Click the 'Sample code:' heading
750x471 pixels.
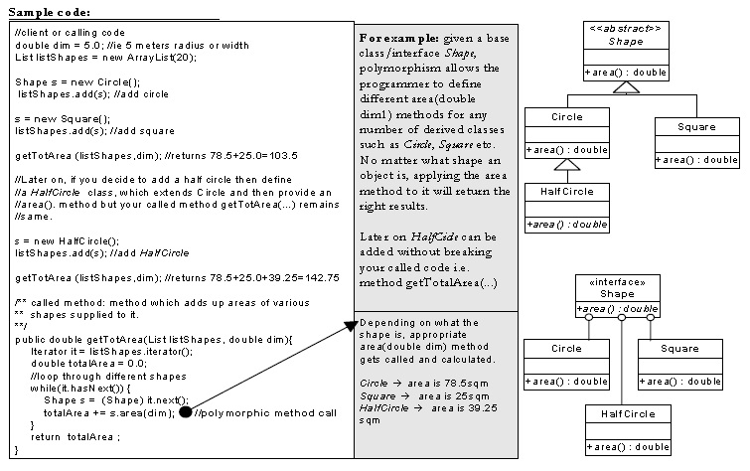pos(50,13)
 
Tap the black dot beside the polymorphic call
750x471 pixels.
pos(185,411)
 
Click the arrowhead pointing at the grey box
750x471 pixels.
pos(352,327)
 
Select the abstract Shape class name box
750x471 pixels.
pos(626,35)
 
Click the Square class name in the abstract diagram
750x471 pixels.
pos(696,127)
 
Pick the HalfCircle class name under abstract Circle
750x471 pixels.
pos(567,192)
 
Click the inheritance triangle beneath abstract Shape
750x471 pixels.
pos(626,87)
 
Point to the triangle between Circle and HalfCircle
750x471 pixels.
pos(567,165)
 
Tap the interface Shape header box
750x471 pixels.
pos(618,288)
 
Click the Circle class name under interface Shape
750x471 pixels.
pos(566,349)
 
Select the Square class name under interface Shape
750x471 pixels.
pos(679,349)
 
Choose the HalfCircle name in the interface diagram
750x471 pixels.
pos(628,414)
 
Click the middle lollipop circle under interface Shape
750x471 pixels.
pos(621,317)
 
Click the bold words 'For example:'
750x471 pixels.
pos(399,39)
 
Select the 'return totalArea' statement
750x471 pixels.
pos(75,437)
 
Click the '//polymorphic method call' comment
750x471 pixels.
pos(265,413)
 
